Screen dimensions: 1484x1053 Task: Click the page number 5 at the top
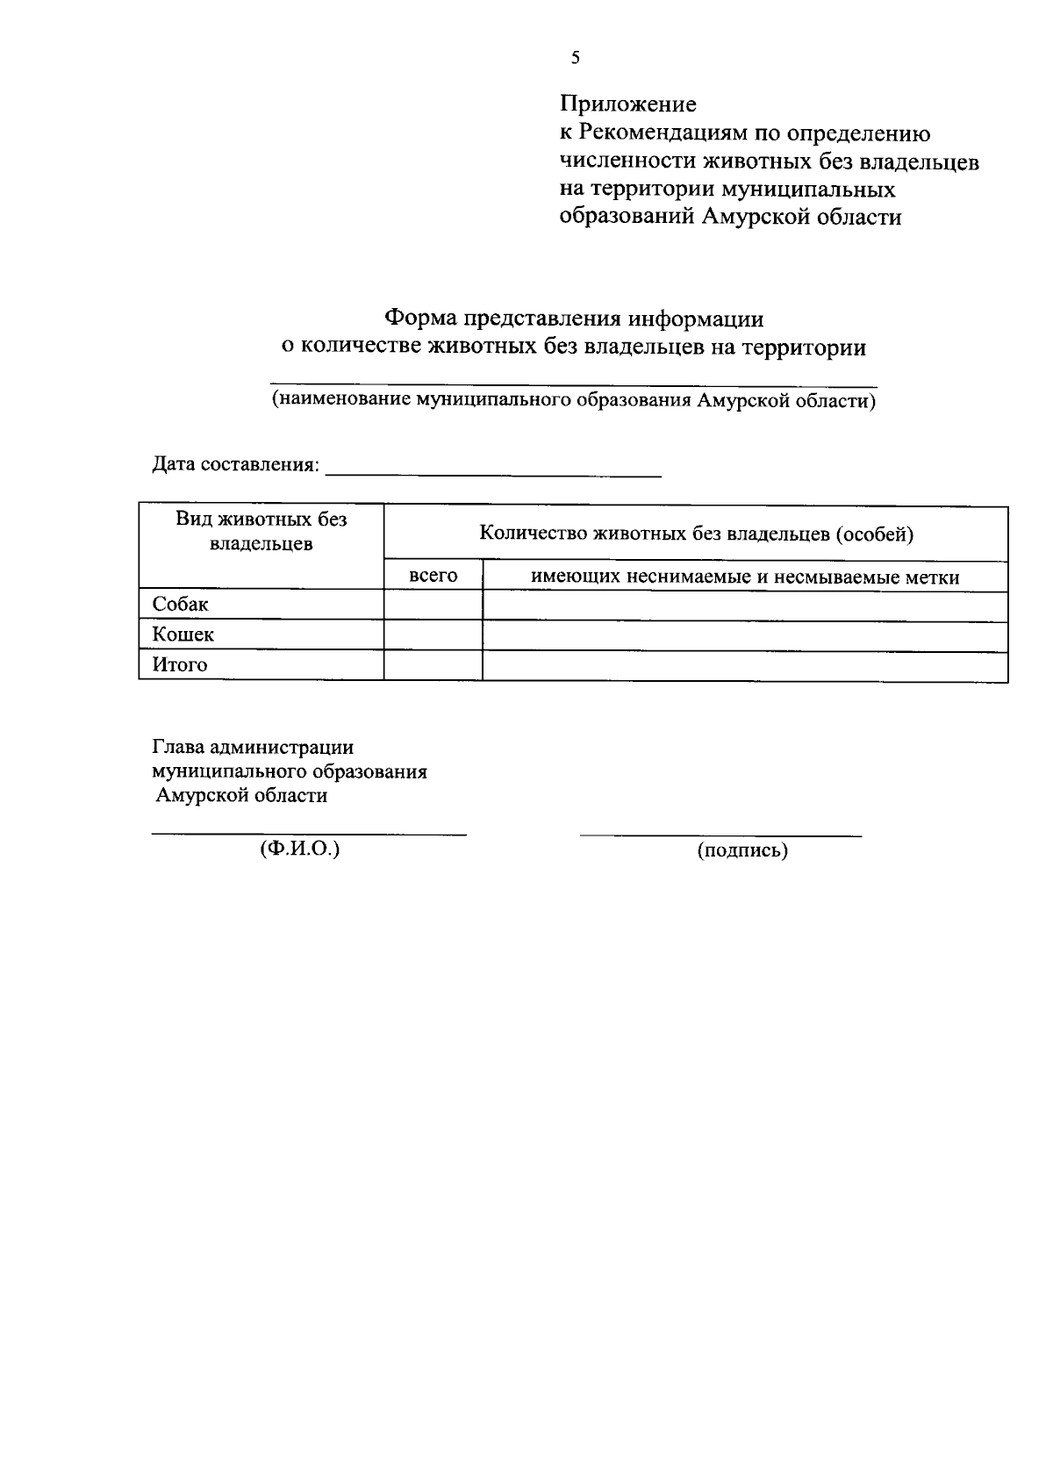[x=575, y=59]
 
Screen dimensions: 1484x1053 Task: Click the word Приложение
[x=628, y=104]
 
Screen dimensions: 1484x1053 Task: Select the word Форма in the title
[x=422, y=318]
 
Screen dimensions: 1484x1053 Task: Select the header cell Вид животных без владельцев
[x=261, y=531]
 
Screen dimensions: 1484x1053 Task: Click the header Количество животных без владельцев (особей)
[x=696, y=534]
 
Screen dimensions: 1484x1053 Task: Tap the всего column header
[x=433, y=576]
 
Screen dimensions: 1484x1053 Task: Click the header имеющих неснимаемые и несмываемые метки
[x=745, y=577]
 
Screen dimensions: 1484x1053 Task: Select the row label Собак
[x=181, y=605]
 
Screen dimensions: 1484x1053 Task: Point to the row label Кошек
[x=183, y=634]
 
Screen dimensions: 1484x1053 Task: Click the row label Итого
[x=180, y=665]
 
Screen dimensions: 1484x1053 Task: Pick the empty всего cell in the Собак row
[x=433, y=606]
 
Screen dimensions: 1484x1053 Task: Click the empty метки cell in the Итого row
[x=745, y=666]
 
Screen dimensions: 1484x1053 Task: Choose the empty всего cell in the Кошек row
[x=433, y=635]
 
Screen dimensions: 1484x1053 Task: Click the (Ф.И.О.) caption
[x=299, y=850]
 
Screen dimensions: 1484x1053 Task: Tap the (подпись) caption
[x=742, y=850]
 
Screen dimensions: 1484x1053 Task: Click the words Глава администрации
[x=253, y=747]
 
